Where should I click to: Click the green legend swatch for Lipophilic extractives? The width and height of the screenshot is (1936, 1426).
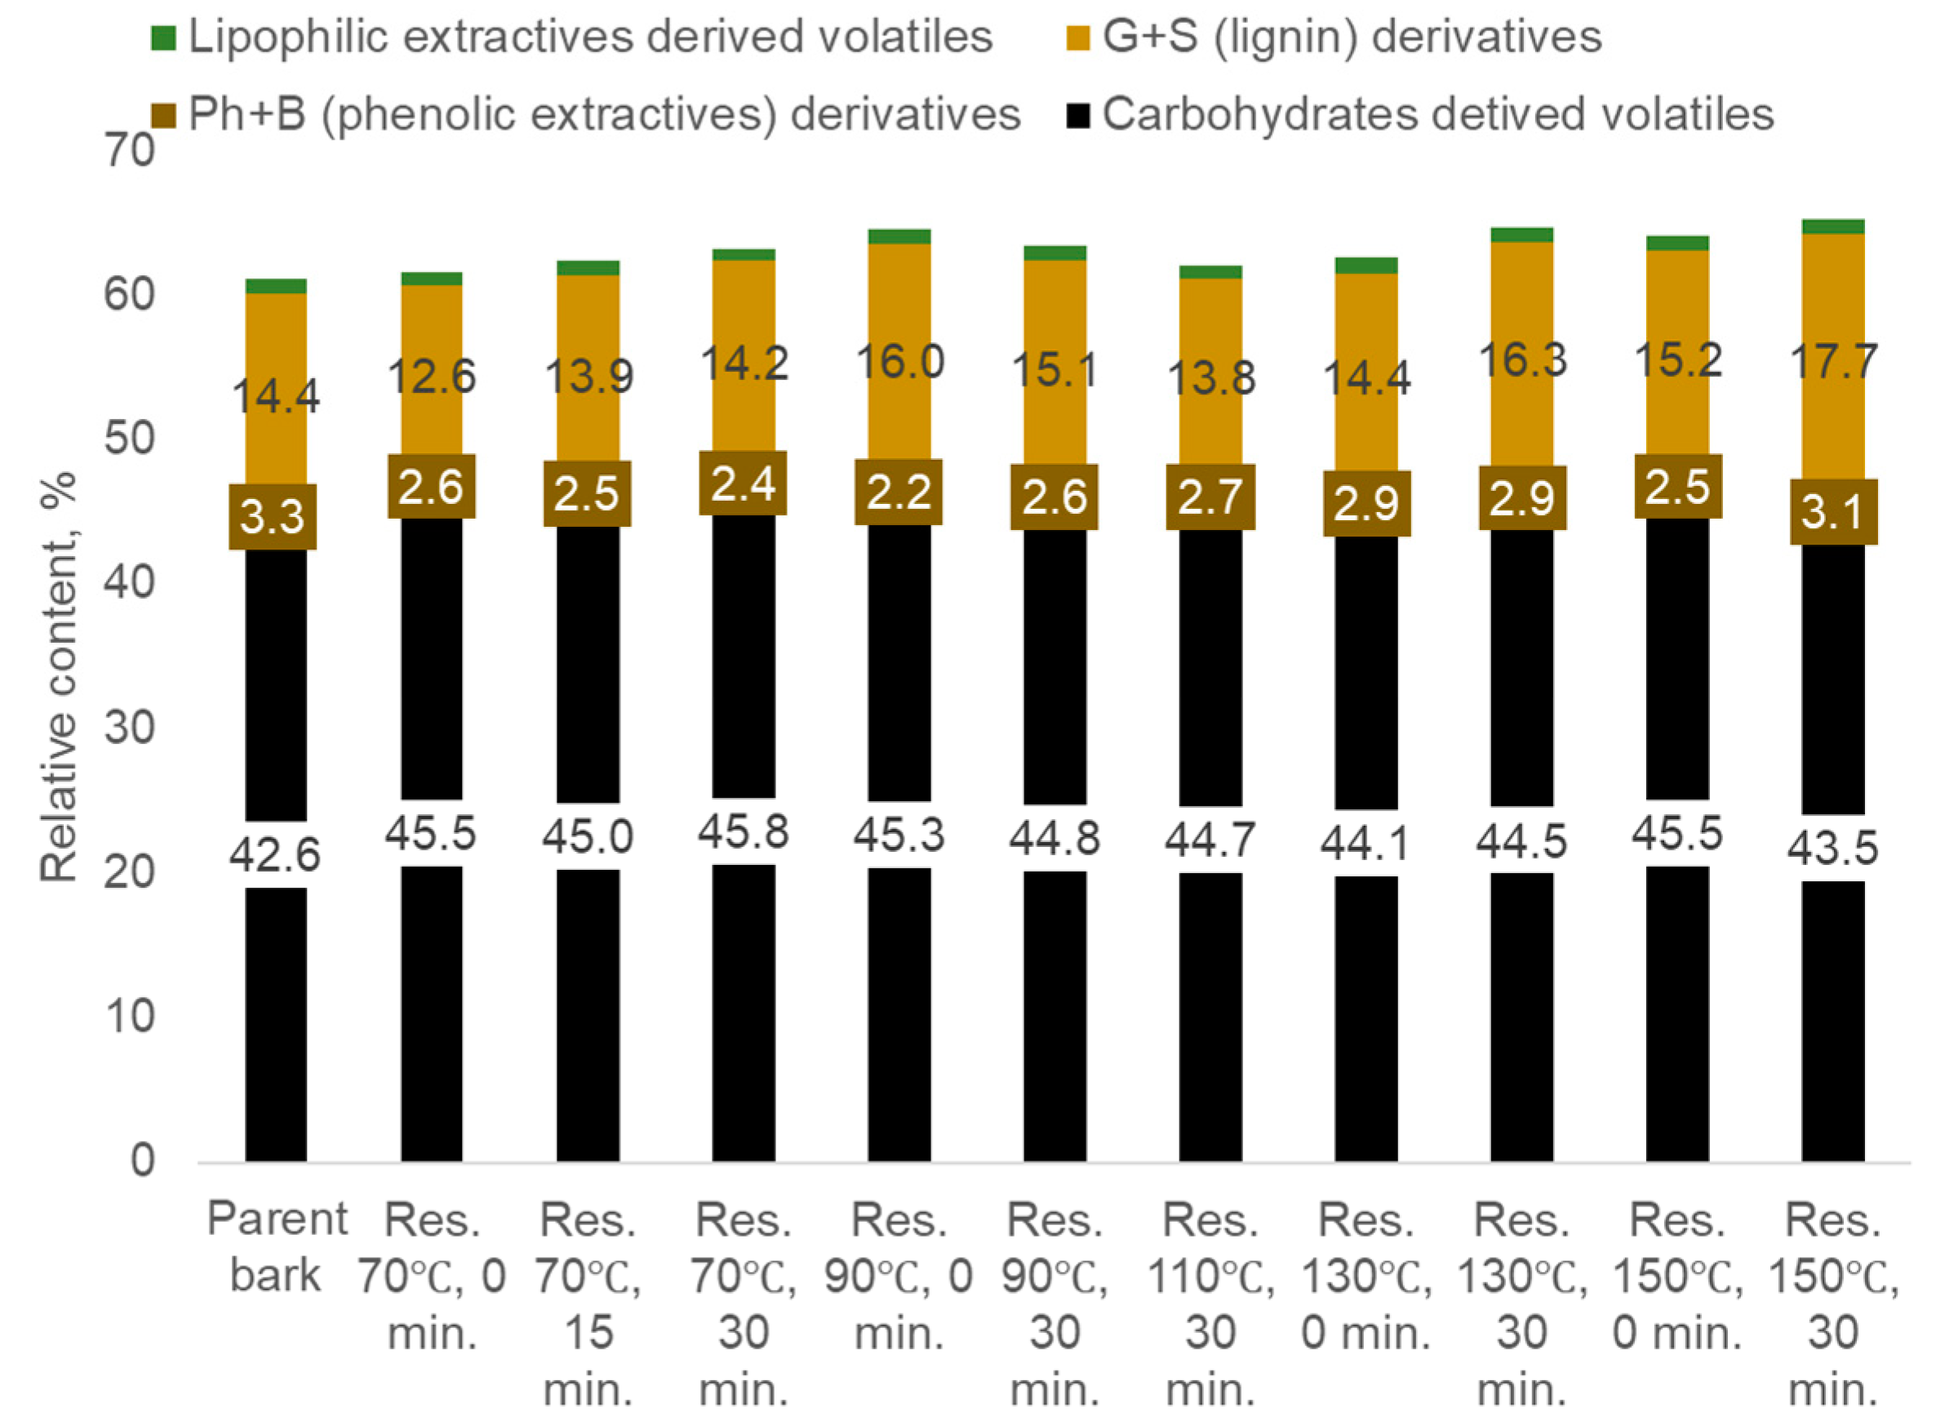pyautogui.click(x=164, y=38)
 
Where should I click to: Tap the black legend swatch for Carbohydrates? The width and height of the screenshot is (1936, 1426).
pyautogui.click(x=1077, y=115)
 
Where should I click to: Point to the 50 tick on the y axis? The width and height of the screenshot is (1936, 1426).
pyautogui.click(x=130, y=439)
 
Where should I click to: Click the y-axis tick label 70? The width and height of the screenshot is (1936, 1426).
pyautogui.click(x=130, y=151)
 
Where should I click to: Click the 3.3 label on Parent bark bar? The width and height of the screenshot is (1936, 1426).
pyautogui.click(x=272, y=517)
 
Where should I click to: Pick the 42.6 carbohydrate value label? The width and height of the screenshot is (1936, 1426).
pyautogui.click(x=274, y=854)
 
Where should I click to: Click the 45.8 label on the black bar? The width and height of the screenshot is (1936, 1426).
pyautogui.click(x=743, y=832)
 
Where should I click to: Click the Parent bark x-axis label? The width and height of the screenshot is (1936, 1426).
pyautogui.click(x=276, y=1246)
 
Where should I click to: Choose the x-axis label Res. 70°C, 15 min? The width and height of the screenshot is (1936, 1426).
pyautogui.click(x=588, y=1303)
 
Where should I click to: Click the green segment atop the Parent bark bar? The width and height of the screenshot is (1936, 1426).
pyautogui.click(x=276, y=287)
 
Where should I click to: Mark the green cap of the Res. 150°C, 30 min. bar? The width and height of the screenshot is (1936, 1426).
pyautogui.click(x=1832, y=227)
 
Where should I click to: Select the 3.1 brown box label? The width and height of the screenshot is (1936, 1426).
pyautogui.click(x=1832, y=513)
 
